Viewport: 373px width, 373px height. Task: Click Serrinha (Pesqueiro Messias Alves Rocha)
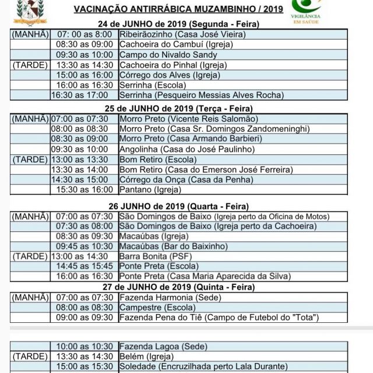tap(202, 95)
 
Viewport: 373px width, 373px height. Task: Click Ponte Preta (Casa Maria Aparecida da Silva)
tap(205, 276)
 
